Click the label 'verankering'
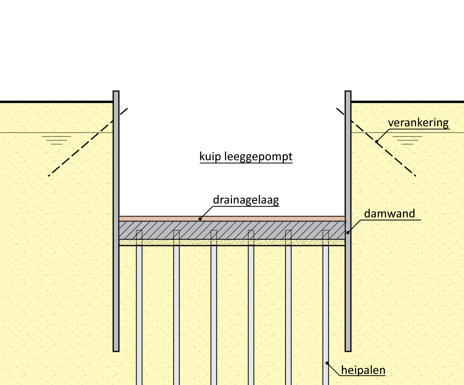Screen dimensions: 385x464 click(x=418, y=123)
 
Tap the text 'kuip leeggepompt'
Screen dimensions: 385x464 click(x=246, y=157)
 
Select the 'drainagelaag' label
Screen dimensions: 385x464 click(x=246, y=200)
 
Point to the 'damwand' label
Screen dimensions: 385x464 click(x=389, y=213)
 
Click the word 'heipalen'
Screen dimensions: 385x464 click(x=363, y=370)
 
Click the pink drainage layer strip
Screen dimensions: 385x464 click(x=232, y=218)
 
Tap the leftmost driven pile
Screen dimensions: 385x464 click(x=139, y=312)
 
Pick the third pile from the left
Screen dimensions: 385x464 click(x=214, y=312)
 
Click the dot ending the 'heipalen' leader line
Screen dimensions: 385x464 click(x=327, y=363)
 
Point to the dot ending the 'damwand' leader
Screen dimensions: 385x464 click(x=347, y=232)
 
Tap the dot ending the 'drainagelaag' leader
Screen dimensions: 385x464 click(x=200, y=218)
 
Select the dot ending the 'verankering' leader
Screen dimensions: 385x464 click(x=376, y=141)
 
